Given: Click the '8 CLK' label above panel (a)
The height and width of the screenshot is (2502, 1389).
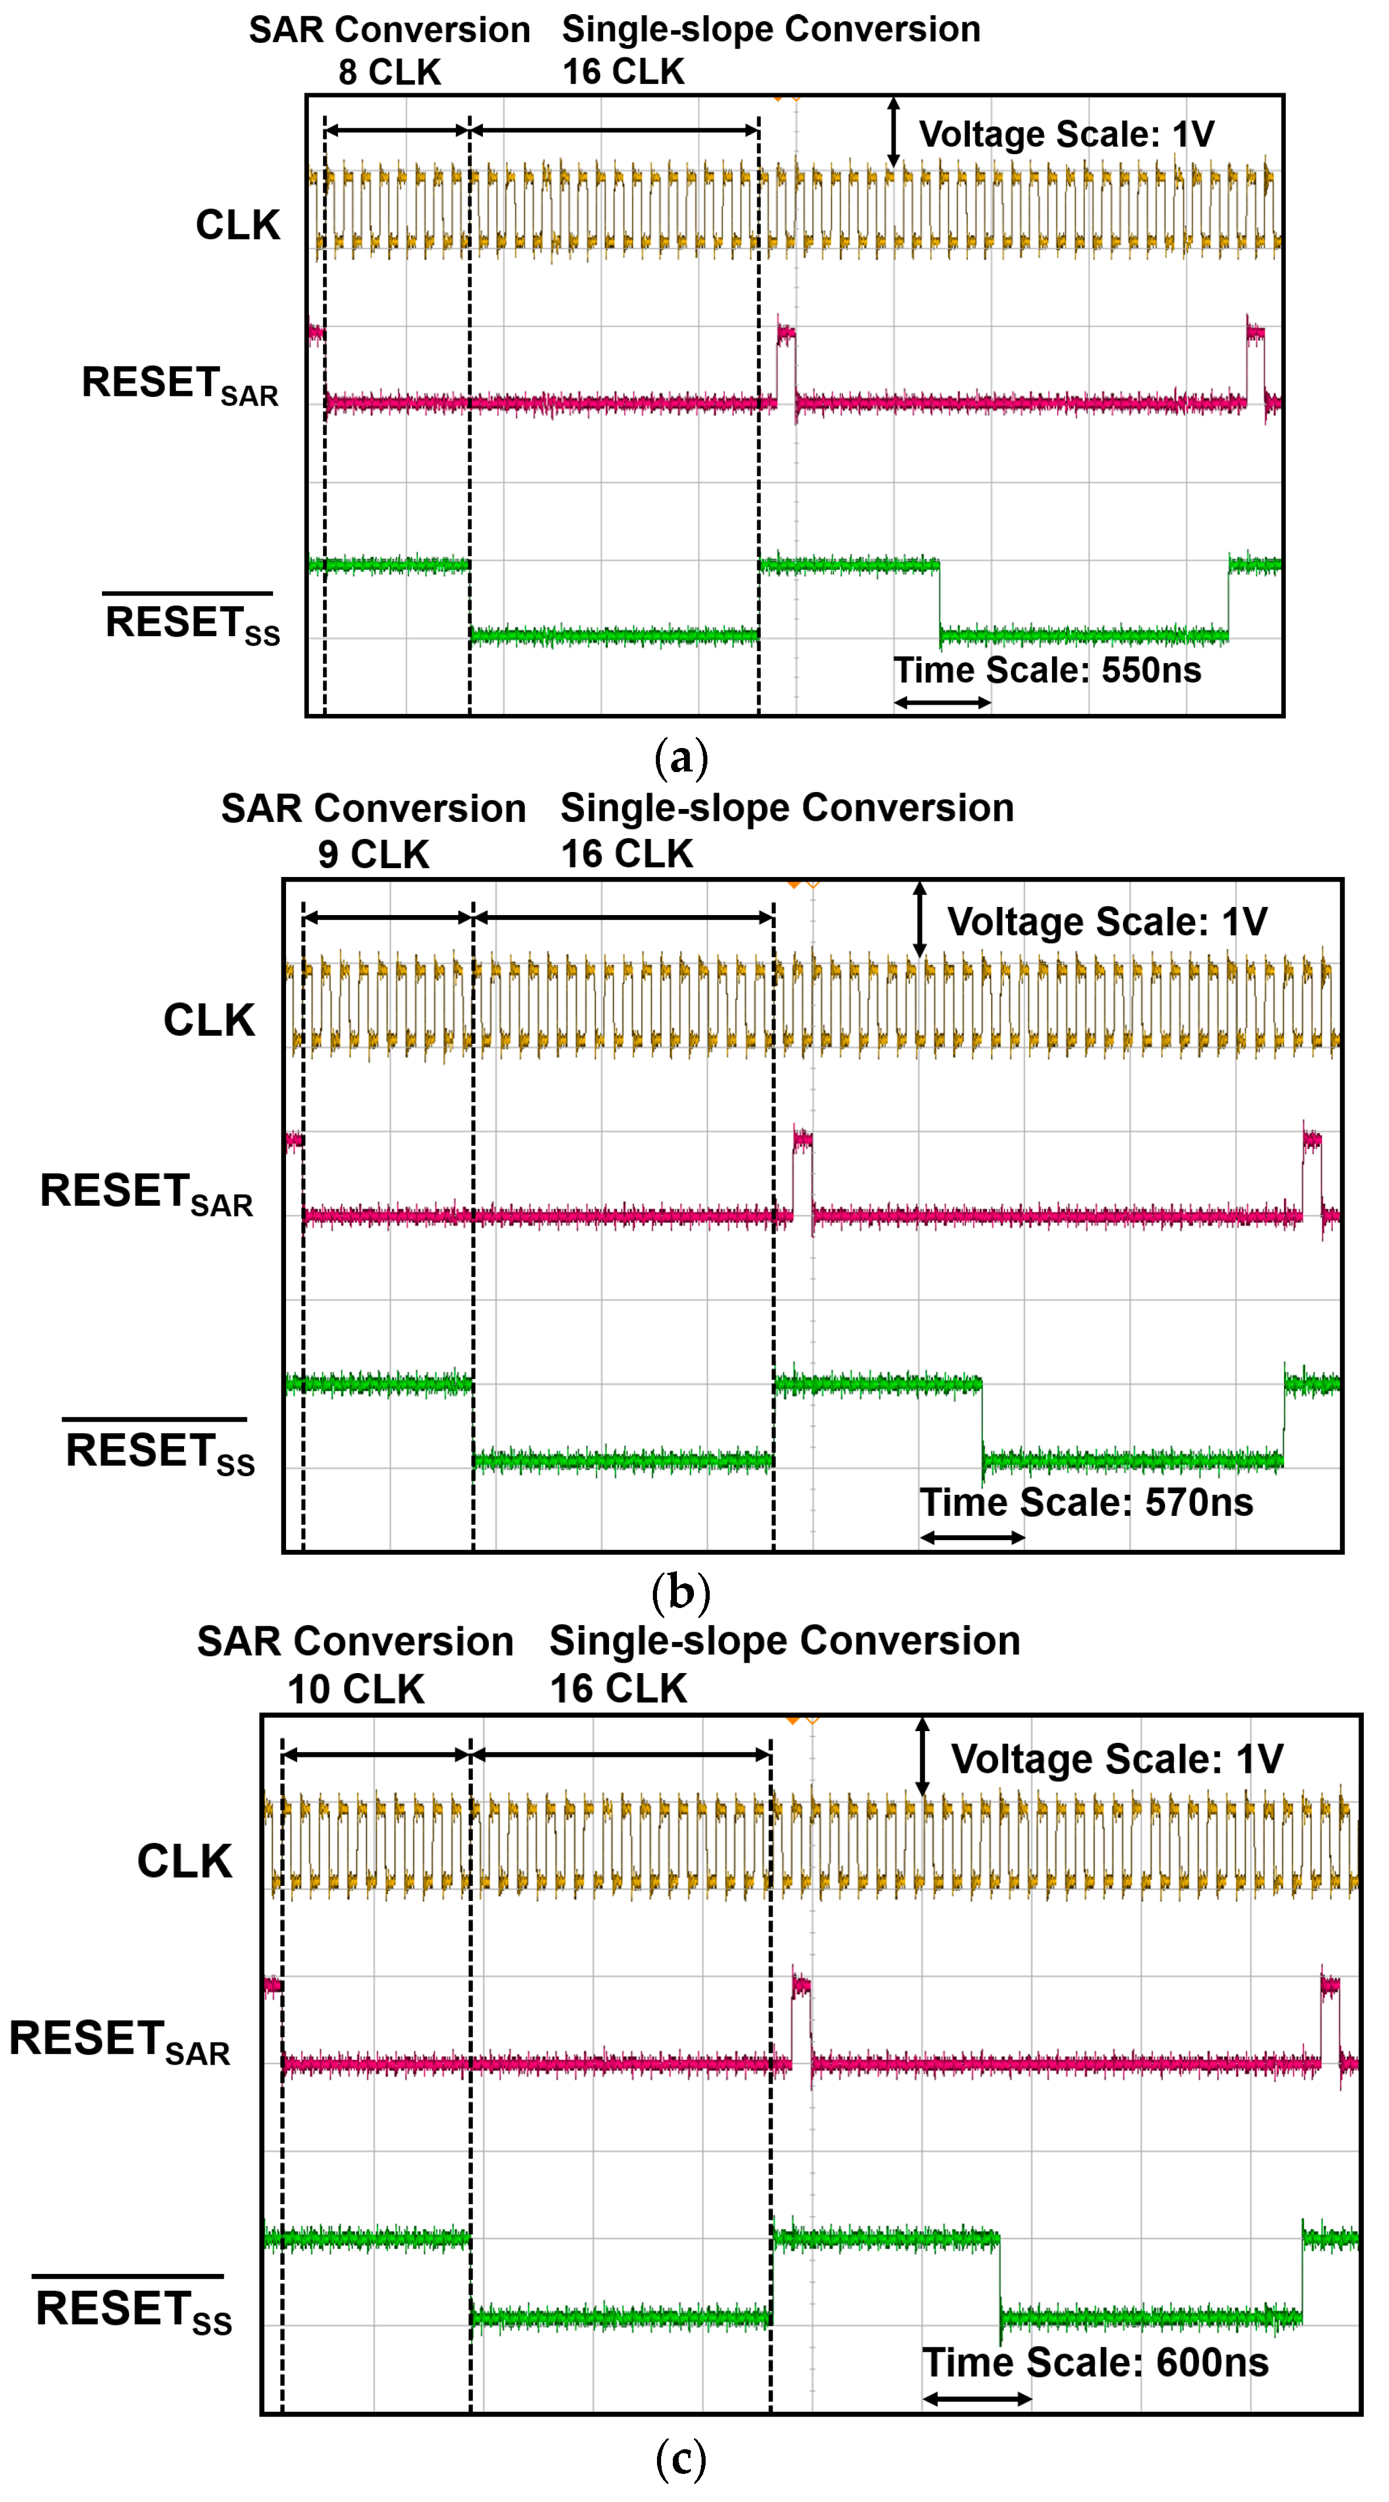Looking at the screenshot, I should pyautogui.click(x=390, y=72).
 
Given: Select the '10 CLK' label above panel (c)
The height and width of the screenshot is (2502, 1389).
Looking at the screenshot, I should pyautogui.click(x=356, y=1689).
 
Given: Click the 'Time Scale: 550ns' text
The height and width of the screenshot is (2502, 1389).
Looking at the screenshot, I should pyautogui.click(x=1047, y=670).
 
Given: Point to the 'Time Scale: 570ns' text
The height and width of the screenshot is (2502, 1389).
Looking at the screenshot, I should pyautogui.click(x=1086, y=1502).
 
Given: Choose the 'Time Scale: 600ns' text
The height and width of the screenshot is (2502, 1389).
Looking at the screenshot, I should pyautogui.click(x=1095, y=2362).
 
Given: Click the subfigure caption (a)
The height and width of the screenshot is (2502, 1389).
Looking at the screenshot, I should pyautogui.click(x=681, y=757).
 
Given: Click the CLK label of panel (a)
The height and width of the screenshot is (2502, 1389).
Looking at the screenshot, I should pyautogui.click(x=238, y=225).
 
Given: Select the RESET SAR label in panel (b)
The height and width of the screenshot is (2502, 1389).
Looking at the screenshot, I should pyautogui.click(x=147, y=1193).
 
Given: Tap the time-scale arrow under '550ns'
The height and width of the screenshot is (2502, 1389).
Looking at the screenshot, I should pyautogui.click(x=942, y=702).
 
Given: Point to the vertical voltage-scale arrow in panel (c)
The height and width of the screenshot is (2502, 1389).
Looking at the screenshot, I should pyautogui.click(x=922, y=1757).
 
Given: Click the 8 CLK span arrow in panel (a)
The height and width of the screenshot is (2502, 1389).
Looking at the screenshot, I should pyautogui.click(x=396, y=130).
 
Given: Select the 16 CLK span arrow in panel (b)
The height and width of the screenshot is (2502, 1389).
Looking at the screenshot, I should pyautogui.click(x=624, y=917).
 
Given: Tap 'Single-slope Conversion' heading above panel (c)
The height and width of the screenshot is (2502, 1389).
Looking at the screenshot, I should pyautogui.click(x=785, y=1640).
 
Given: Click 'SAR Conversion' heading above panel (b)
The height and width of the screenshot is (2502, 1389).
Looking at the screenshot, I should pyautogui.click(x=373, y=808).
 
